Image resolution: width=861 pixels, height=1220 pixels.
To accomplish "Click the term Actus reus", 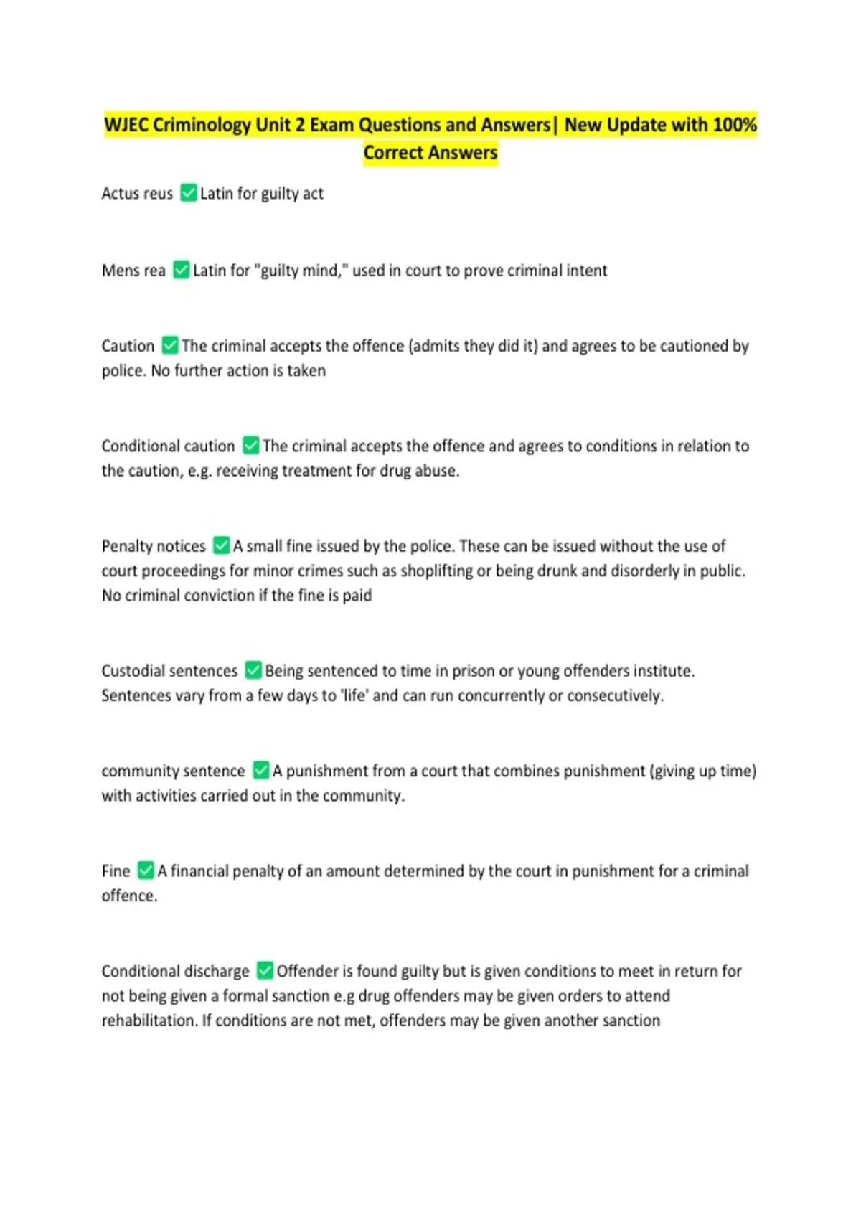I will tap(137, 194).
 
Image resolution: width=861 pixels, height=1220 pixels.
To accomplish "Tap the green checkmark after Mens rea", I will tap(182, 270).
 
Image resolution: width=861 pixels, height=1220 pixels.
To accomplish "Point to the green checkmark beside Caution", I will tap(170, 345).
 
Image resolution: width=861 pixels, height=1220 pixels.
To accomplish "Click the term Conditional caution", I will tap(168, 446).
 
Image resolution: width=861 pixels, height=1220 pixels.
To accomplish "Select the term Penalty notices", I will tap(154, 546).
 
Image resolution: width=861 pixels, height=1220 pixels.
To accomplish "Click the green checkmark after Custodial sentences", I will tap(253, 670).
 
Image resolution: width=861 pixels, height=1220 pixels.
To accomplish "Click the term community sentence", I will tap(173, 771).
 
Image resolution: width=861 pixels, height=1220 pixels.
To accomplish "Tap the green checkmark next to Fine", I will tap(146, 871).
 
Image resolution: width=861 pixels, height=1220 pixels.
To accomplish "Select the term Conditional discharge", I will tap(175, 971).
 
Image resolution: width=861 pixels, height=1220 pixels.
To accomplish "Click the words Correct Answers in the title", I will tap(430, 153).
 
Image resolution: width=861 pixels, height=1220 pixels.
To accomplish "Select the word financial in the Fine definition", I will tap(207, 871).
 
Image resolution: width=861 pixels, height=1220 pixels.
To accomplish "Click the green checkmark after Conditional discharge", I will tap(265, 971).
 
